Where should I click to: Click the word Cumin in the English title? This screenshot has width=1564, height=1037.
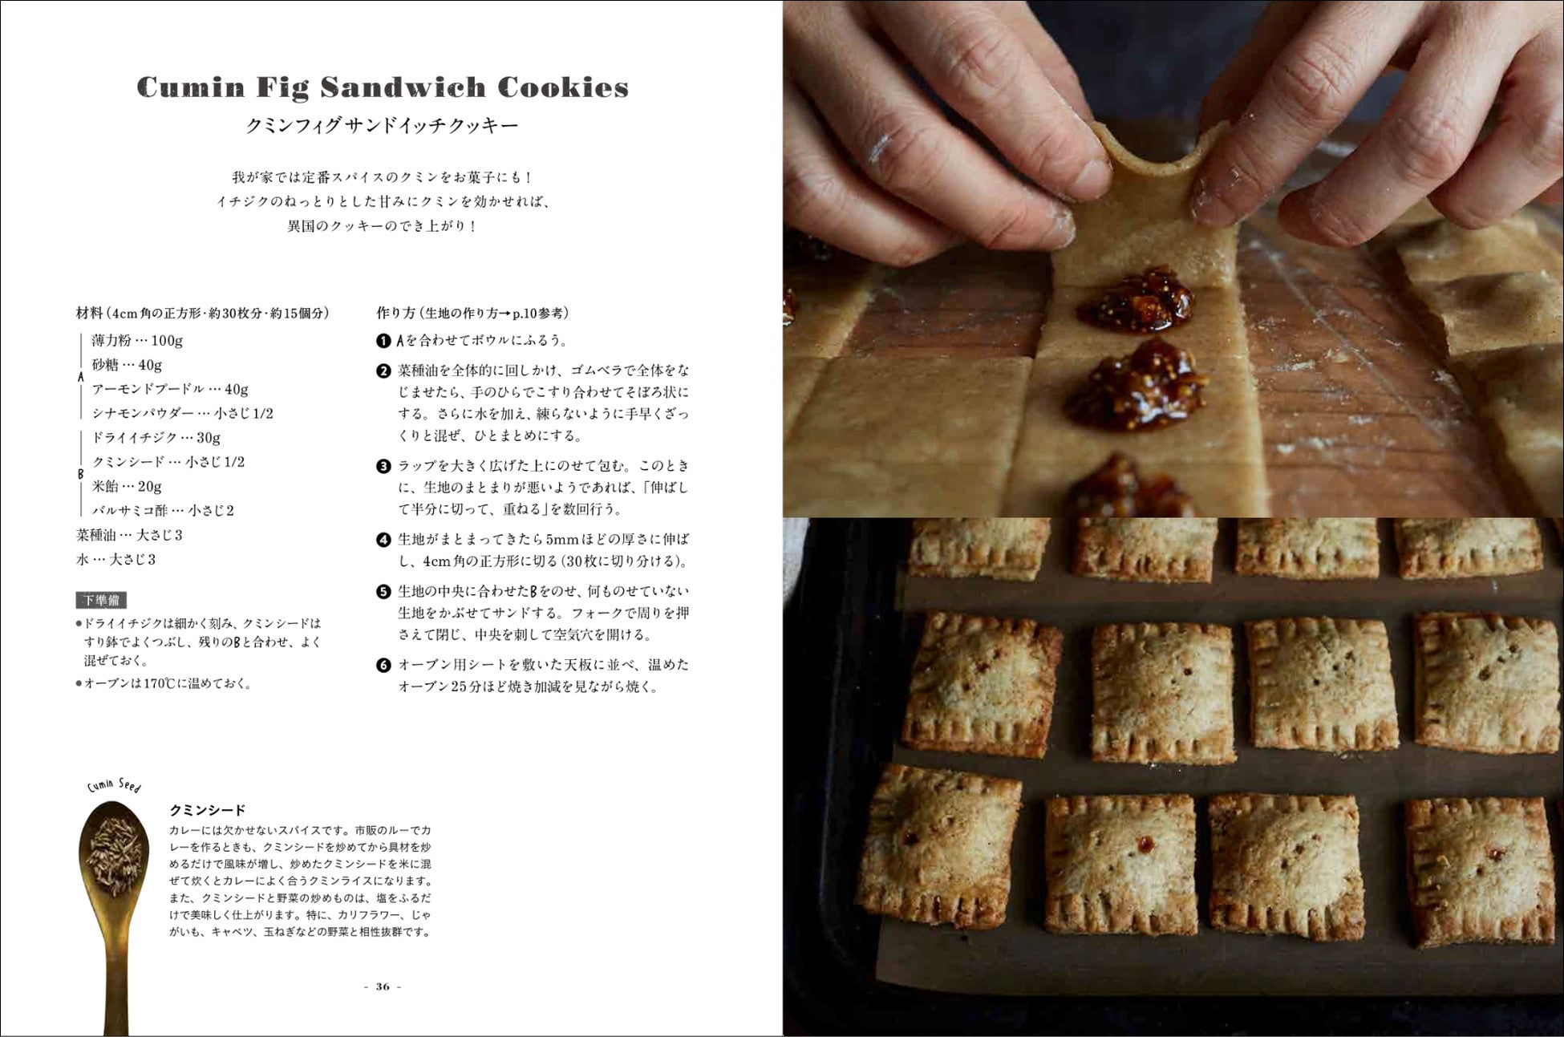tap(190, 87)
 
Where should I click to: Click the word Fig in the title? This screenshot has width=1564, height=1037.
tap(282, 88)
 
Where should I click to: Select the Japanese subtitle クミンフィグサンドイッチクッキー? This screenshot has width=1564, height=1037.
tap(383, 126)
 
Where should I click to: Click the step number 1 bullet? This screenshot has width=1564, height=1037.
tap(383, 341)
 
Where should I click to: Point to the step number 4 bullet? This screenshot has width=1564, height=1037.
tap(383, 540)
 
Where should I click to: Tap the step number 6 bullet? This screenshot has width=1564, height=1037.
tap(383, 666)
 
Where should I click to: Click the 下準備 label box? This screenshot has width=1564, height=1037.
tap(102, 600)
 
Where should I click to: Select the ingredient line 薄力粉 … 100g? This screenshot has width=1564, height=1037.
tap(137, 341)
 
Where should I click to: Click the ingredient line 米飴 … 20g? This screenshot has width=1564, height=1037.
tap(127, 487)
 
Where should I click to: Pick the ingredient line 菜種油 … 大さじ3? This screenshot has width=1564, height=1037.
tap(129, 535)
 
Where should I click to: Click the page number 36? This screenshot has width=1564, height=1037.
tap(383, 986)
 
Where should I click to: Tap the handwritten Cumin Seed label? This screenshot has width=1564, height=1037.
tap(114, 785)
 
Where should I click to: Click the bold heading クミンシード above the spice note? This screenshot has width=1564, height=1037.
tap(208, 810)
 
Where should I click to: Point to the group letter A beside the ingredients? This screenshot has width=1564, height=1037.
tap(80, 377)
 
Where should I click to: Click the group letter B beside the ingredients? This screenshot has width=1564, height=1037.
tap(80, 474)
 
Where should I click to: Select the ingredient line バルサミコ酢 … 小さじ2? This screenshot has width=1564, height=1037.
tap(163, 511)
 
